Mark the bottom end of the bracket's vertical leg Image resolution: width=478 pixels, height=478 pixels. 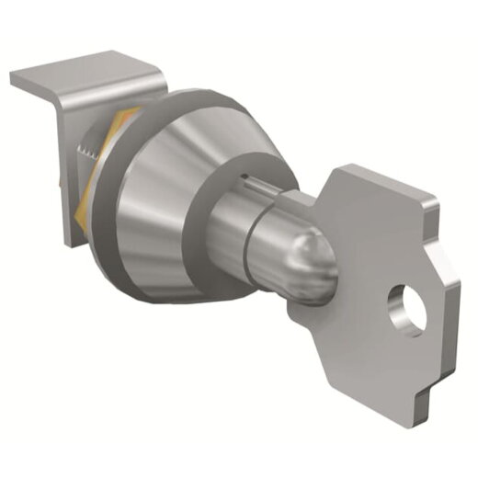click(72, 241)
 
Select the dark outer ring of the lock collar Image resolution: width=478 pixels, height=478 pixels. click(138, 257)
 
